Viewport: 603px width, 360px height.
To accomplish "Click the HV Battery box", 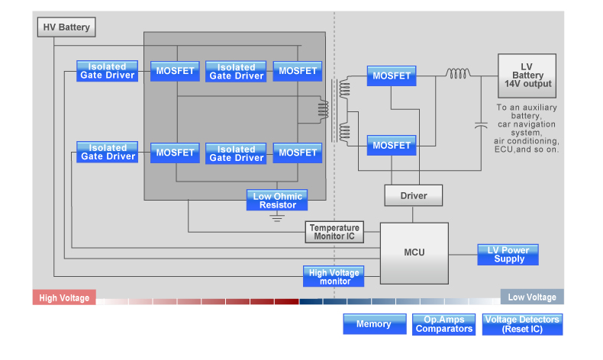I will pyautogui.click(x=66, y=27).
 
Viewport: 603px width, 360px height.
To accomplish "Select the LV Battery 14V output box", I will pyautogui.click(x=527, y=76).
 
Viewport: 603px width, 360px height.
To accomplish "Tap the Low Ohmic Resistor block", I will pyautogui.click(x=277, y=201).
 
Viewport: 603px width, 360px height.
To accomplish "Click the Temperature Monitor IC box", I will pyautogui.click(x=334, y=232).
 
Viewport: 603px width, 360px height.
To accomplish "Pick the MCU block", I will pyautogui.click(x=414, y=252).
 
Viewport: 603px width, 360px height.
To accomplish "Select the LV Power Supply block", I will pyautogui.click(x=508, y=255).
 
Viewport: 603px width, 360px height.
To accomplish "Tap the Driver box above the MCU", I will pyautogui.click(x=414, y=196).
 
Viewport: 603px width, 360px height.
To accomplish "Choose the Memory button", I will pyautogui.click(x=373, y=324).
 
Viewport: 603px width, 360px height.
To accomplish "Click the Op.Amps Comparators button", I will pyautogui.click(x=444, y=324).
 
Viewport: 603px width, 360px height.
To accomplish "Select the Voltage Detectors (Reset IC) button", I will pyautogui.click(x=522, y=324).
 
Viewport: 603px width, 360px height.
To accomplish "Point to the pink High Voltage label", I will pyautogui.click(x=64, y=298).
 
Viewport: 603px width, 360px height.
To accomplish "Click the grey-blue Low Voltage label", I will pyautogui.click(x=532, y=297).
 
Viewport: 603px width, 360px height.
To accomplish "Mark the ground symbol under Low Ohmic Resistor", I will pyautogui.click(x=277, y=217).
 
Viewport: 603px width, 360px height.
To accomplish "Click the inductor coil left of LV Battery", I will pyautogui.click(x=458, y=74).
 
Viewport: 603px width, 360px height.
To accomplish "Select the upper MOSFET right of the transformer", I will pyautogui.click(x=391, y=76).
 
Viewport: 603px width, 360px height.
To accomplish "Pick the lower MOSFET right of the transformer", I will pyautogui.click(x=391, y=145).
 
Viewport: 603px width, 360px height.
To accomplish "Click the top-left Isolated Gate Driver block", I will pyautogui.click(x=108, y=71).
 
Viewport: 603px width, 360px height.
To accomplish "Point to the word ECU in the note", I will pyautogui.click(x=505, y=150).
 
